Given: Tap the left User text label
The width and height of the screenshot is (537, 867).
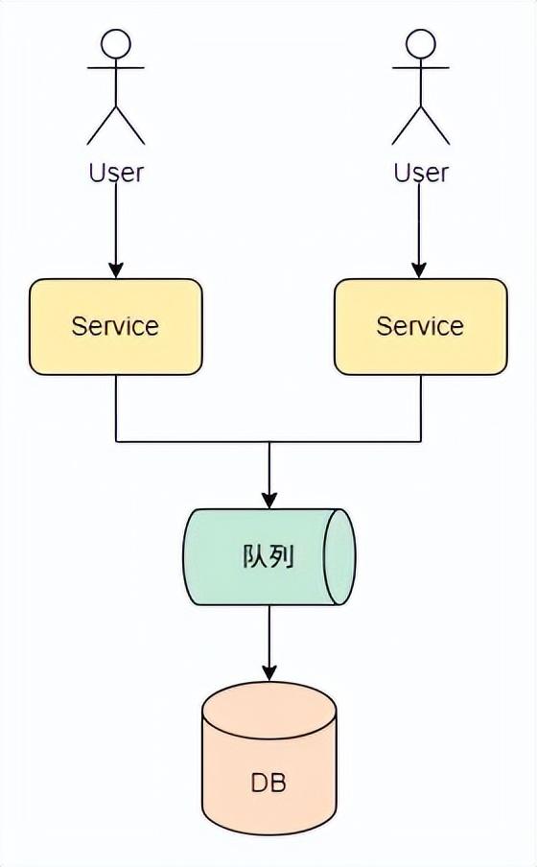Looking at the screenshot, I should (x=116, y=173).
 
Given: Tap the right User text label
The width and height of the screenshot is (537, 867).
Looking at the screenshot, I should (x=421, y=173).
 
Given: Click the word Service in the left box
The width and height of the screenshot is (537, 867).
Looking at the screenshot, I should (x=115, y=326).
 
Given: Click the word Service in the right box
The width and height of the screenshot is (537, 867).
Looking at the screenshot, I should (x=420, y=326).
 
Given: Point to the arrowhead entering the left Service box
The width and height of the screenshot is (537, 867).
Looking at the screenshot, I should (x=116, y=270).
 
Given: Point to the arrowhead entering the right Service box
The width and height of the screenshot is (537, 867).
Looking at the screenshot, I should (x=420, y=270).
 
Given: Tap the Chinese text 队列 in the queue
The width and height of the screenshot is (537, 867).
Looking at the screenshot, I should (x=268, y=557).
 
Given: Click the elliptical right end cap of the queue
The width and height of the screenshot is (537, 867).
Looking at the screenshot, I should (x=339, y=557).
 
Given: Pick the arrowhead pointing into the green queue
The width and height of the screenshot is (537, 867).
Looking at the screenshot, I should (x=269, y=500).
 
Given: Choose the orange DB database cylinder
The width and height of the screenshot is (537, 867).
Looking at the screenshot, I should (x=269, y=806).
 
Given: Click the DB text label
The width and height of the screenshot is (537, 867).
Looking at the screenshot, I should (x=268, y=783).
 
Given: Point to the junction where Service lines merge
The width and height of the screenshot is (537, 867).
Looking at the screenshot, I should (x=269, y=442).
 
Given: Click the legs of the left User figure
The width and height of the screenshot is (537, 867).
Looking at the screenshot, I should (x=116, y=125).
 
